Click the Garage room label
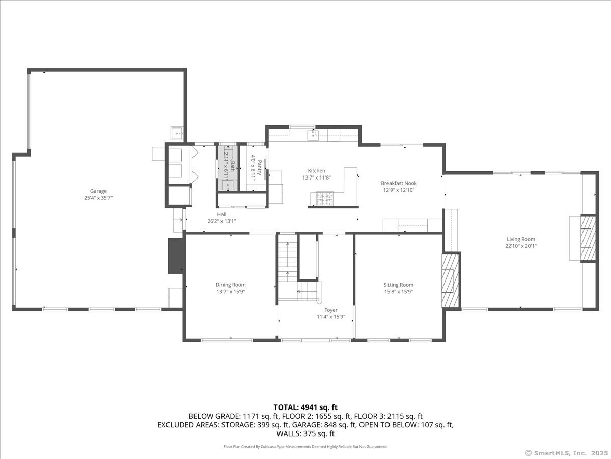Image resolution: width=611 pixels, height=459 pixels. [98, 191]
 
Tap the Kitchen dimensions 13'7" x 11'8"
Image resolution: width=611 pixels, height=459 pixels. [317, 177]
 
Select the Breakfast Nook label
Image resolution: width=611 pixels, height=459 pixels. [399, 183]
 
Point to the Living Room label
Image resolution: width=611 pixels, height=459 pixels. [521, 239]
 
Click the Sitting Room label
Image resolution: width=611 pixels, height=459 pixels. [399, 285]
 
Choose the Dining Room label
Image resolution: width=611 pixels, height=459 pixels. [231, 285]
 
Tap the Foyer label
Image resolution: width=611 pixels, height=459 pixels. [330, 310]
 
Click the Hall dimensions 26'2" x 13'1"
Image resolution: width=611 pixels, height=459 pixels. [221, 221]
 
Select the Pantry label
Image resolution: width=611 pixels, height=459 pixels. [260, 167]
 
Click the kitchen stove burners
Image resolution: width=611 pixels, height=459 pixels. [325, 199]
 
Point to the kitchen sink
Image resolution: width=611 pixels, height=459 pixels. [314, 135]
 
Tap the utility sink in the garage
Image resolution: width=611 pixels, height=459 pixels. [177, 134]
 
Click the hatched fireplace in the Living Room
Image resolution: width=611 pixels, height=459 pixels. [588, 238]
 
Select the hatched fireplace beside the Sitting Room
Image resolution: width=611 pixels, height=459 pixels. [451, 280]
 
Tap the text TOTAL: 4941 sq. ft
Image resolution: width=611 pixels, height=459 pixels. [305, 407]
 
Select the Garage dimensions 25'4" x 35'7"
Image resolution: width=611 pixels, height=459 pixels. [98, 198]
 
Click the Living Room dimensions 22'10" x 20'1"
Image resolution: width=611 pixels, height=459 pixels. [521, 246]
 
